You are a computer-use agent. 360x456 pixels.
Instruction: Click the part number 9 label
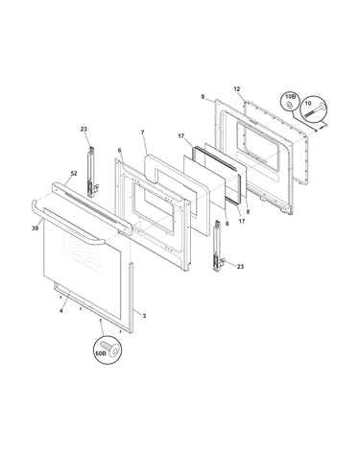tap(203, 96)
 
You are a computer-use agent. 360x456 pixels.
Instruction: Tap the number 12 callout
tap(237, 89)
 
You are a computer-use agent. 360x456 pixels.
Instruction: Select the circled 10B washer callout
tap(290, 102)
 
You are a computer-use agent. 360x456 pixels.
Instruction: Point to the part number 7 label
tap(143, 132)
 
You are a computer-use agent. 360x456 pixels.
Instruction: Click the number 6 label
tap(119, 151)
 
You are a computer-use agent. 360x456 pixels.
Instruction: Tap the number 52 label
tap(74, 174)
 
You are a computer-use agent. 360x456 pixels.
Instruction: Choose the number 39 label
tap(36, 228)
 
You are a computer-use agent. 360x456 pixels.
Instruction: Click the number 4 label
tap(61, 311)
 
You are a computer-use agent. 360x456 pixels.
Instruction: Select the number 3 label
tap(144, 316)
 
